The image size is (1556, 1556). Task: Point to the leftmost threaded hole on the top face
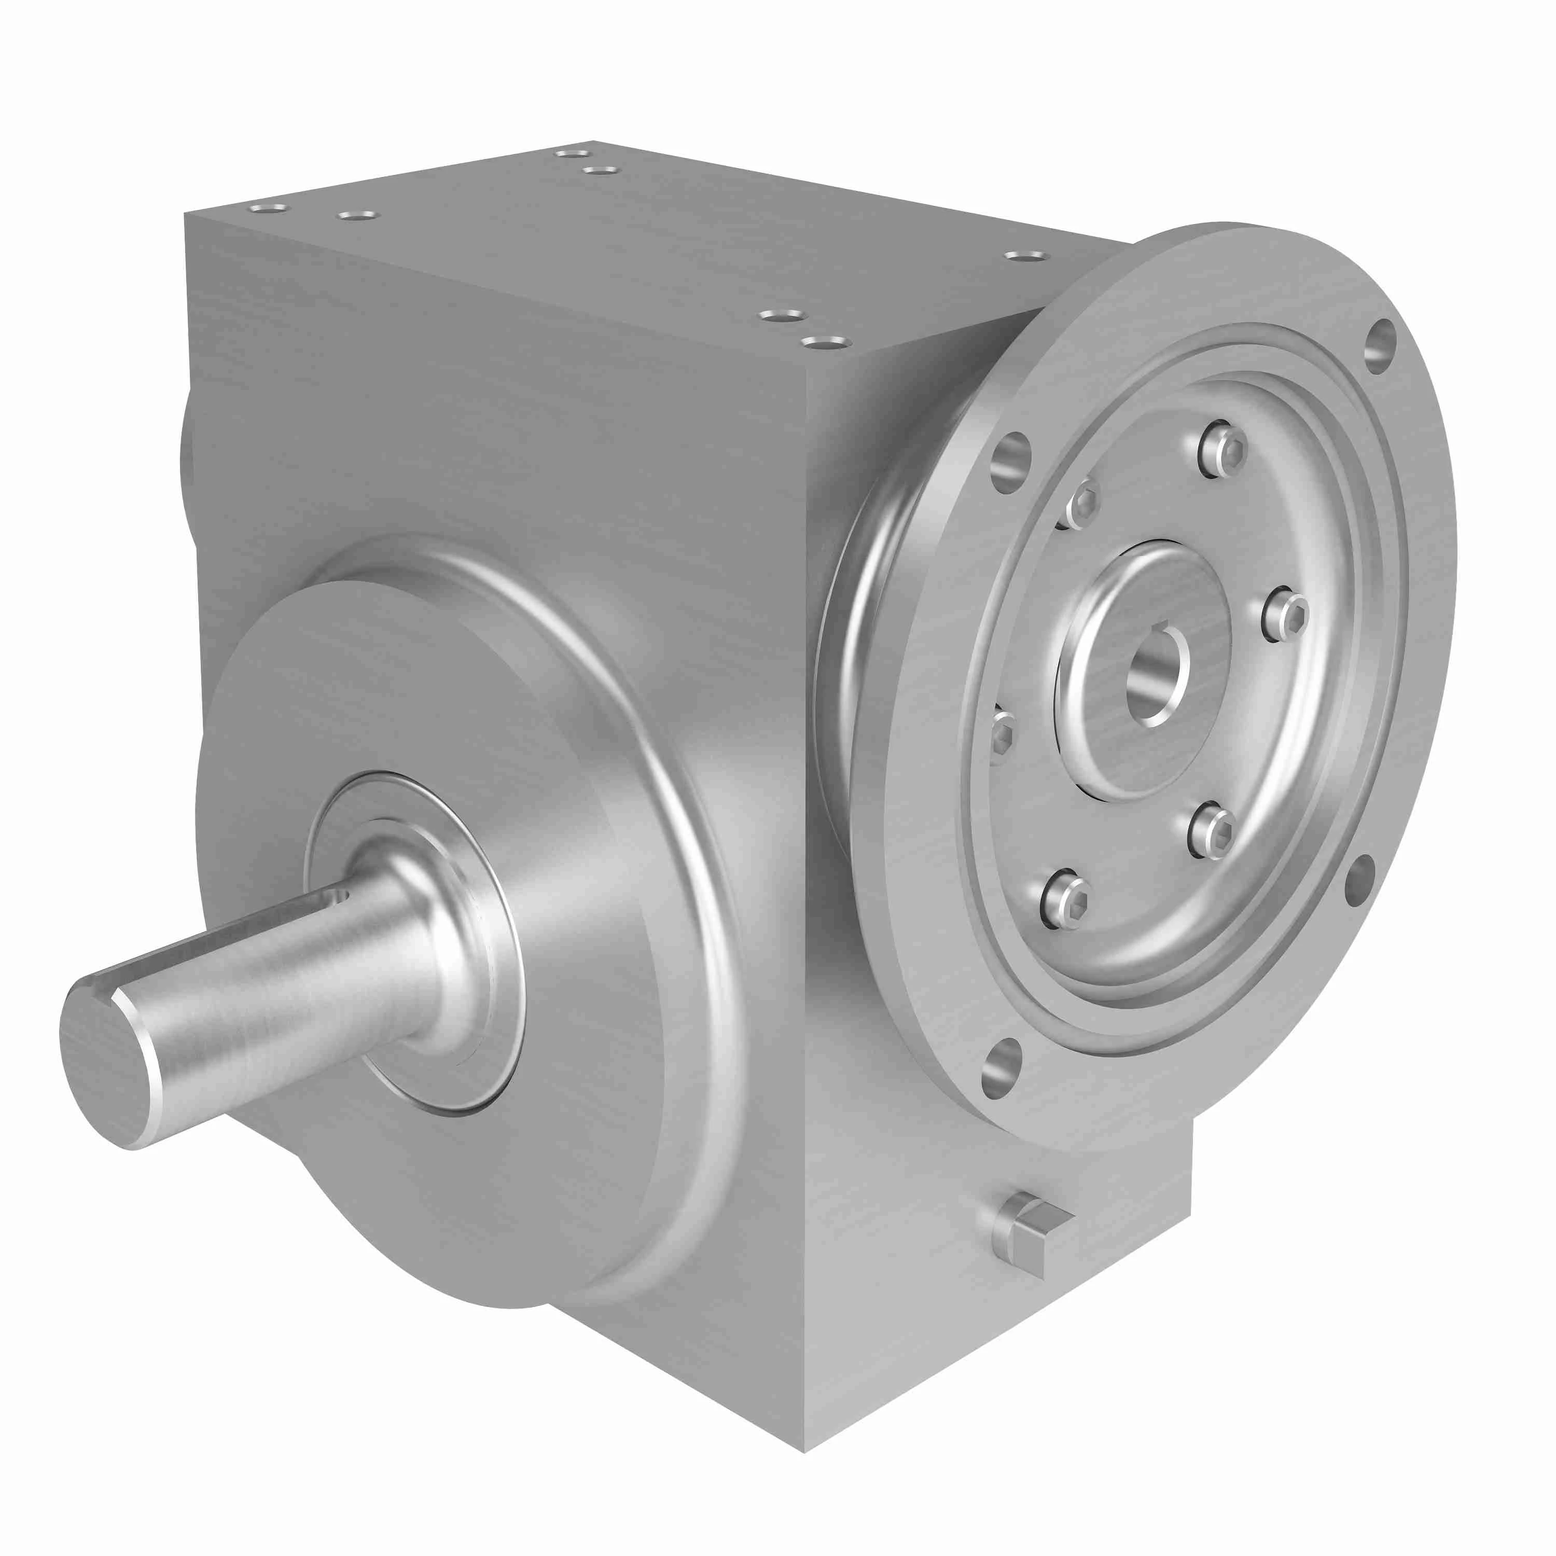(x=268, y=208)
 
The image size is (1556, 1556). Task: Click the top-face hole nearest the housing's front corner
(x=826, y=344)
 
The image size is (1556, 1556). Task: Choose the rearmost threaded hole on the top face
(x=573, y=153)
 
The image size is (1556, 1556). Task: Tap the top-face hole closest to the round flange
(x=1027, y=256)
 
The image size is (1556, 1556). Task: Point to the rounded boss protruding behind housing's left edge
(x=187, y=471)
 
